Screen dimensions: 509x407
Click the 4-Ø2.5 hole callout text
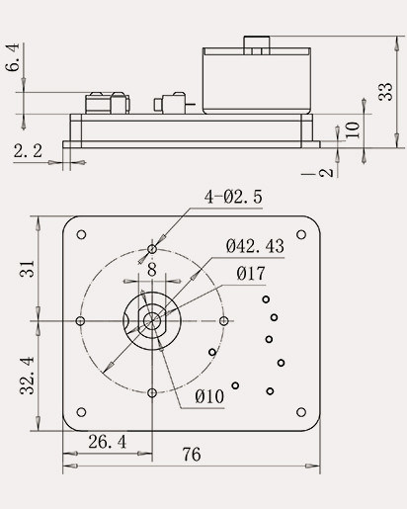click(x=233, y=198)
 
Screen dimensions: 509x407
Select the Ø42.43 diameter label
click(x=255, y=246)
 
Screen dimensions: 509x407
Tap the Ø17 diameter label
click(x=249, y=273)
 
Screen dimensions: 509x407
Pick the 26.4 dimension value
click(x=107, y=442)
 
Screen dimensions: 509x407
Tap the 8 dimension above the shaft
click(x=151, y=268)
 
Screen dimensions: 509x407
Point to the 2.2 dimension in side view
click(x=28, y=150)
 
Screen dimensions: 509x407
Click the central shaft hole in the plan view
click(x=151, y=320)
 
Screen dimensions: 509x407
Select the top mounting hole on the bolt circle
click(x=151, y=248)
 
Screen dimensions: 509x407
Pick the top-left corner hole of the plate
click(x=81, y=234)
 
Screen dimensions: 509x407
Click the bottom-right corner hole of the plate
click(x=302, y=413)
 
